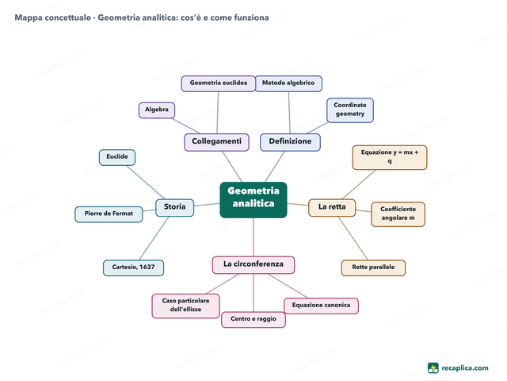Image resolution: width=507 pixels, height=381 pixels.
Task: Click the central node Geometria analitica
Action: [x=253, y=200]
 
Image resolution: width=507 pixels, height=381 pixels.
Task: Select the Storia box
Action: [x=174, y=208]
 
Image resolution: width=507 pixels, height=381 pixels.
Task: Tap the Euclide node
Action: [x=117, y=157]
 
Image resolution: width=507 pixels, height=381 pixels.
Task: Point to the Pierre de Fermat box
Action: [x=109, y=214]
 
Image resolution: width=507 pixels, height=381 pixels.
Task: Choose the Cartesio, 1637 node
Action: [x=133, y=268]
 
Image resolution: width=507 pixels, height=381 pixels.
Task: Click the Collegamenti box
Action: [x=216, y=142]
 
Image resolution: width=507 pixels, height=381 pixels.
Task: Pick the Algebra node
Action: [x=157, y=110]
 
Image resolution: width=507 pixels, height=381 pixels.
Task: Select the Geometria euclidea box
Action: [x=219, y=83]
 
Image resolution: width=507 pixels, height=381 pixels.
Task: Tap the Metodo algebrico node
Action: [x=288, y=83]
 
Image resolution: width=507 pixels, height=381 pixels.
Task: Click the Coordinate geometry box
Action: [x=350, y=110]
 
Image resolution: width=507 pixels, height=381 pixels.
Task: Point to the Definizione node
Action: [x=291, y=142]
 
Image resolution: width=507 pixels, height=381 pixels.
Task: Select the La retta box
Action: [x=332, y=208]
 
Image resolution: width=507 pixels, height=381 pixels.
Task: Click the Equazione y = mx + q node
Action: [x=390, y=157]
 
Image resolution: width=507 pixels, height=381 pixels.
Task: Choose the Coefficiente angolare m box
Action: [x=398, y=214]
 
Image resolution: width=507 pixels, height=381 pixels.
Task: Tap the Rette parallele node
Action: [x=373, y=268]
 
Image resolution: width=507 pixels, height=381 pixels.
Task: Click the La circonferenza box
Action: [x=253, y=265]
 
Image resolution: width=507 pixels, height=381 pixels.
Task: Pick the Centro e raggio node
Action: [x=253, y=320]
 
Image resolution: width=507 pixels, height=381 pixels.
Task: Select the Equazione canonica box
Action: [x=321, y=306]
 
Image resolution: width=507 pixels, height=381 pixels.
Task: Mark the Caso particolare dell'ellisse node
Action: [x=185, y=306]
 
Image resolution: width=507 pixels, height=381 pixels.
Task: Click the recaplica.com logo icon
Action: [x=433, y=368]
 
